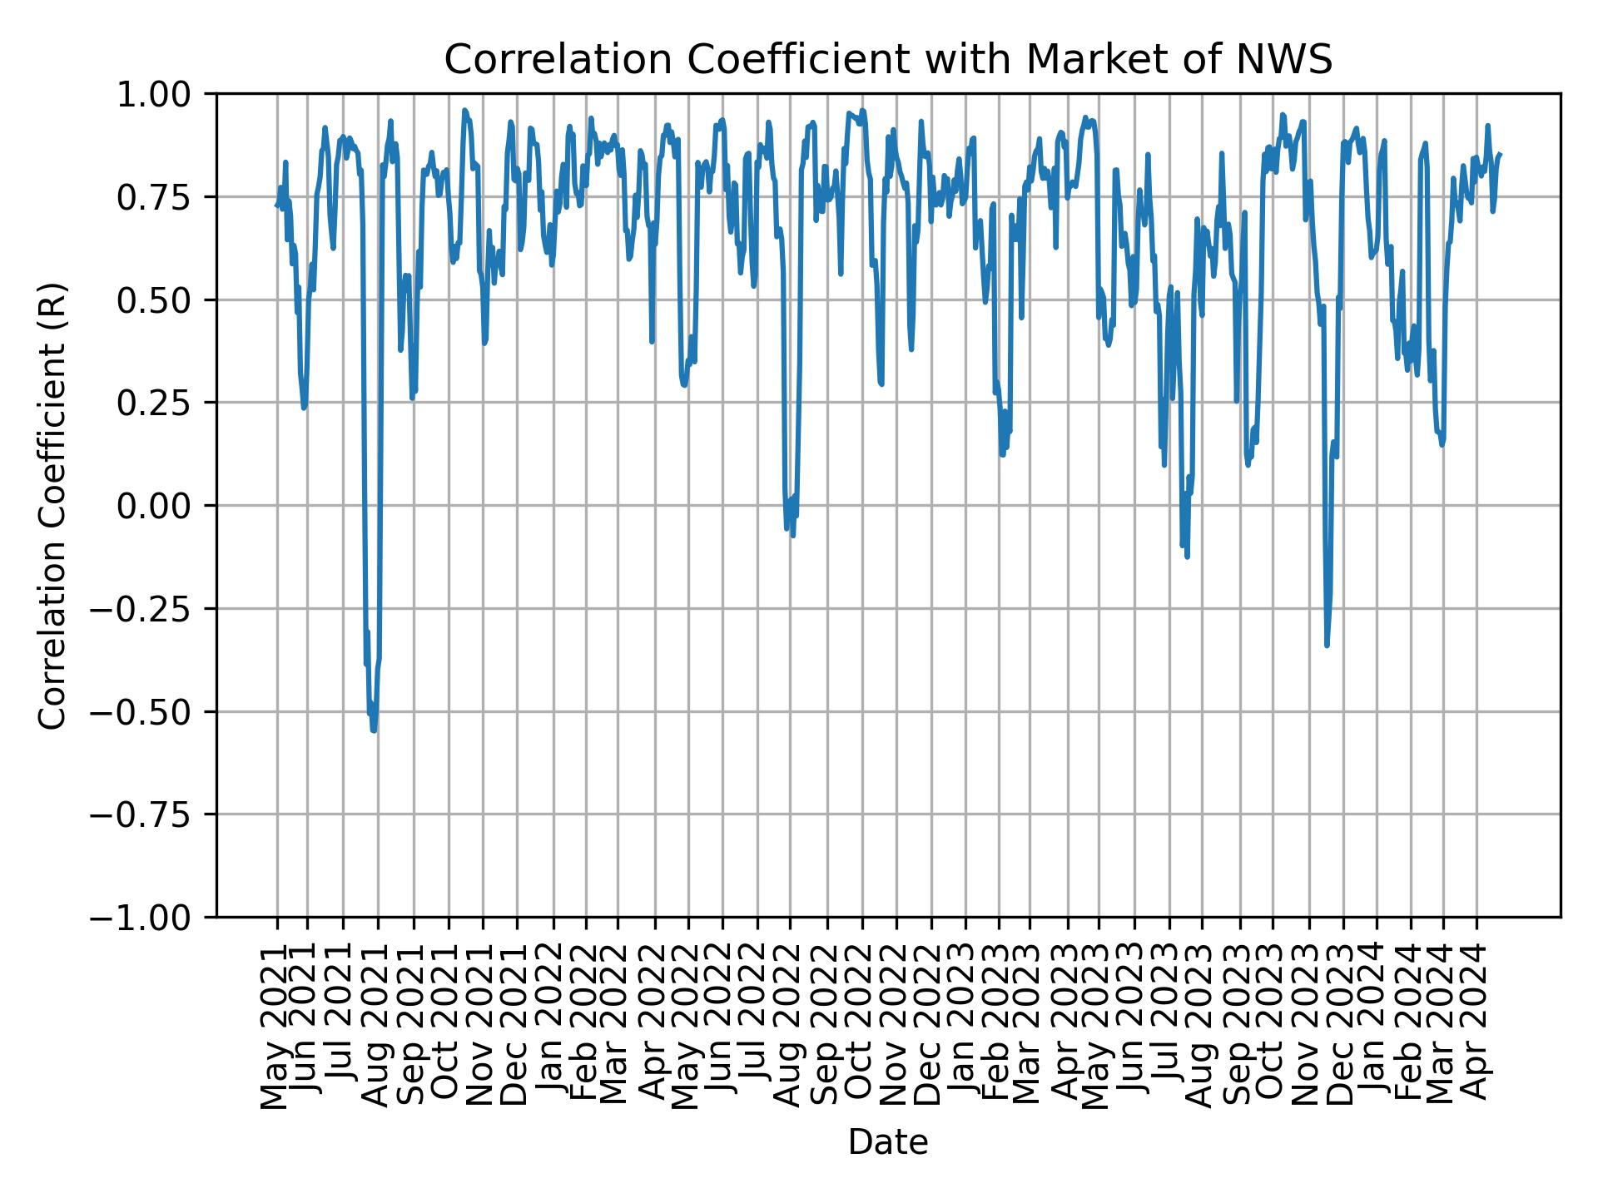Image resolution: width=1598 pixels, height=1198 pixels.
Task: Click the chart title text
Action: point(888,60)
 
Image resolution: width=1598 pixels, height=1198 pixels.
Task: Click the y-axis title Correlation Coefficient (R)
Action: point(52,505)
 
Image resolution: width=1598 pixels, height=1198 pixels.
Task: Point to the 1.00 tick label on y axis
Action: point(164,94)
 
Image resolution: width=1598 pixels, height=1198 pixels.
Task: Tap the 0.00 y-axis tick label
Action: point(164,506)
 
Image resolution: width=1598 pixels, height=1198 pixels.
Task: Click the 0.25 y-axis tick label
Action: point(164,403)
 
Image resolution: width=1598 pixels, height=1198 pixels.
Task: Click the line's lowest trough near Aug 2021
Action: point(374,730)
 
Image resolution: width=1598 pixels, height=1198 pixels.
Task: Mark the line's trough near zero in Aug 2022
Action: point(792,535)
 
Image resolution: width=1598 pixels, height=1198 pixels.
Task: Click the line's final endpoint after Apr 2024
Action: point(1500,154)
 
